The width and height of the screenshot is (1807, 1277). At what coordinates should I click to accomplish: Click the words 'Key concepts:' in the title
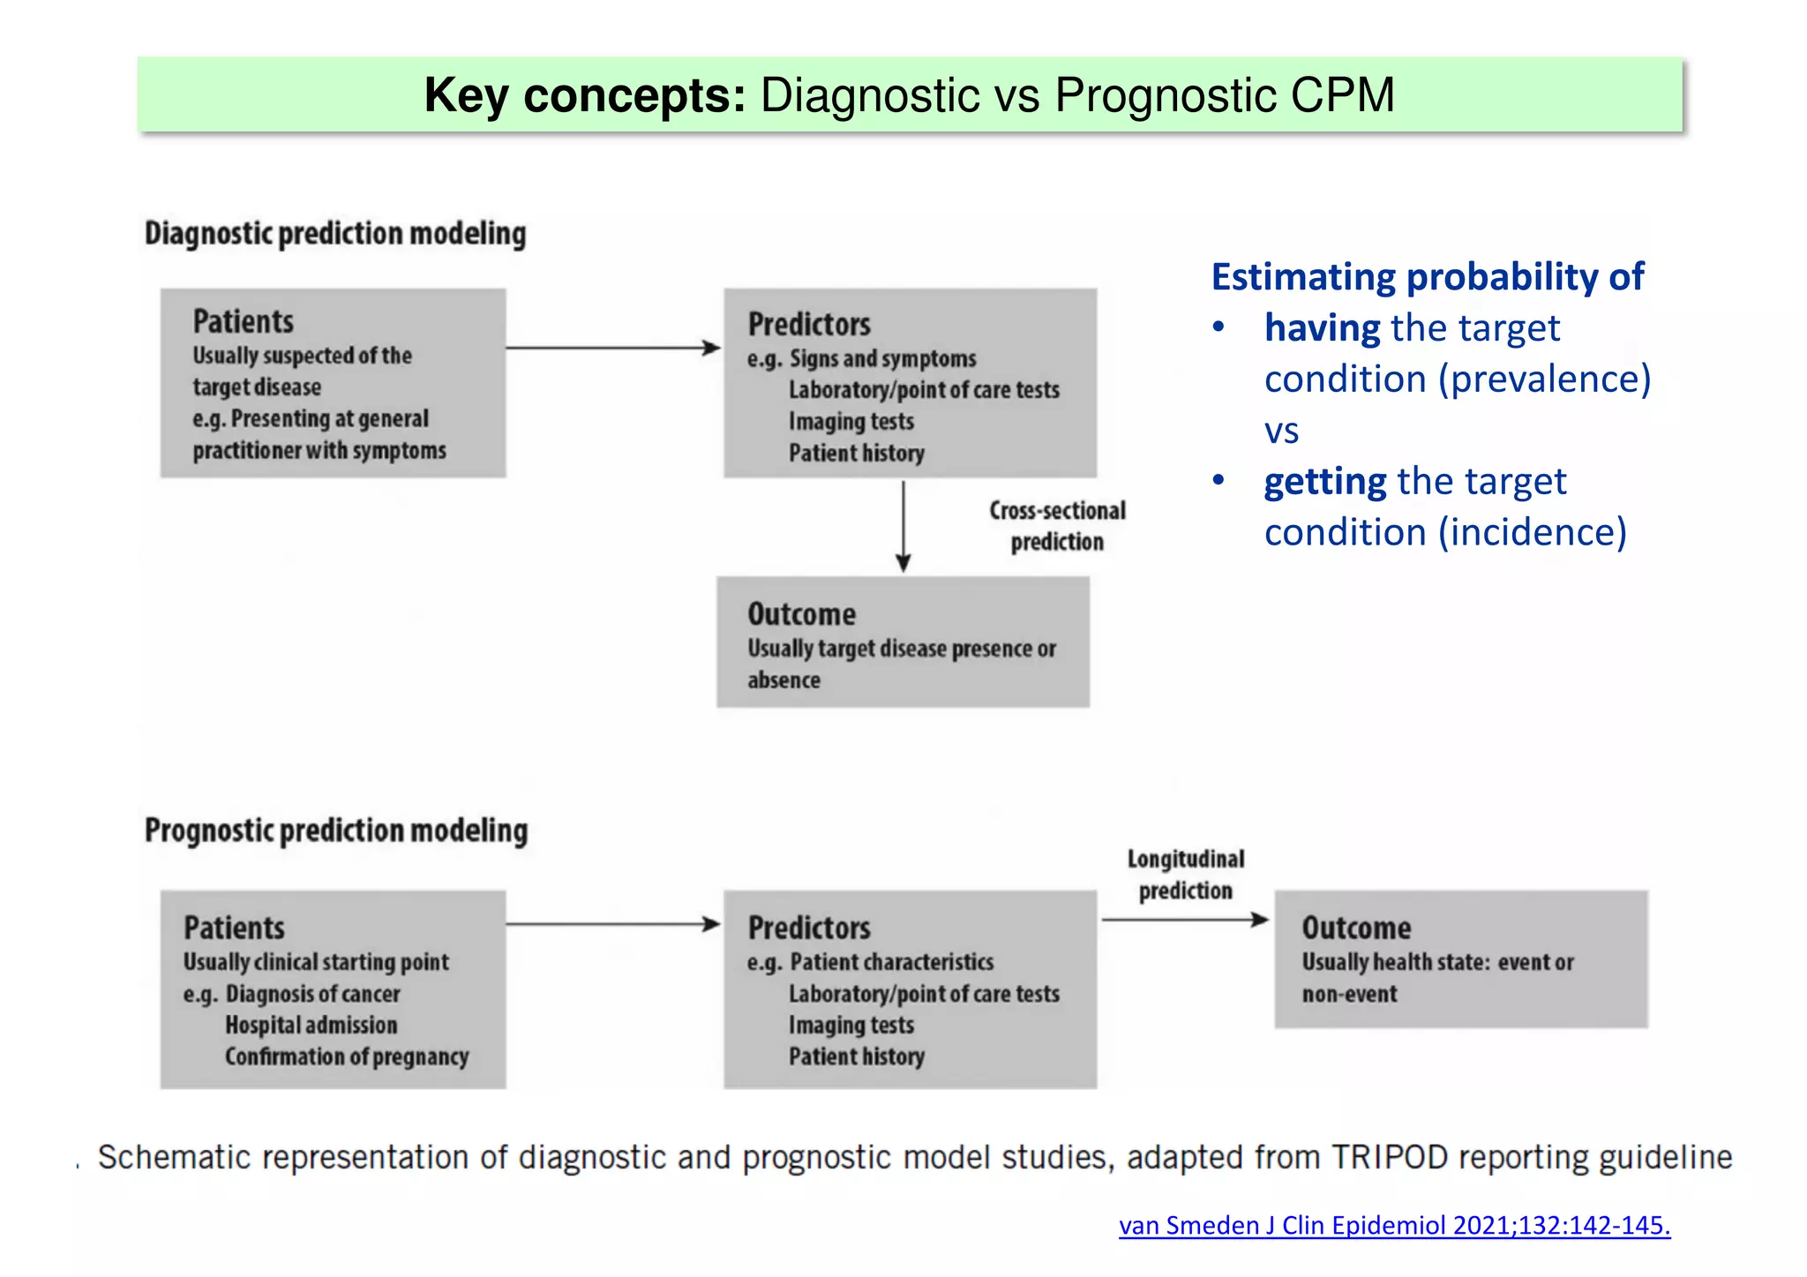pyautogui.click(x=584, y=95)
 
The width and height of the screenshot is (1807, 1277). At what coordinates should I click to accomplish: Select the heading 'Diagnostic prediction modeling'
pyautogui.click(x=335, y=234)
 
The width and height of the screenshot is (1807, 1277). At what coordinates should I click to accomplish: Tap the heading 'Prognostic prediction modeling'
pyautogui.click(x=336, y=830)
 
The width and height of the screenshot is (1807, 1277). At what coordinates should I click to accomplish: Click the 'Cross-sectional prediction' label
pyautogui.click(x=1057, y=526)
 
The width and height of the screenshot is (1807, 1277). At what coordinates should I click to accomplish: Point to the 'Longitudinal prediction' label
pyautogui.click(x=1185, y=875)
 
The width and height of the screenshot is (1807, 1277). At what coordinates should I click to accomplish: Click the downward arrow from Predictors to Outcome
pyautogui.click(x=903, y=527)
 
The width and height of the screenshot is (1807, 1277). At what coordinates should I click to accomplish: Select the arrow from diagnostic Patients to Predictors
pyautogui.click(x=613, y=348)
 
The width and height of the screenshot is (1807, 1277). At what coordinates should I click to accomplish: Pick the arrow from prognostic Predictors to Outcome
pyautogui.click(x=1185, y=920)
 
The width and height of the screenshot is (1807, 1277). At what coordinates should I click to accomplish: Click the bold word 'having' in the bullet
pyautogui.click(x=1322, y=328)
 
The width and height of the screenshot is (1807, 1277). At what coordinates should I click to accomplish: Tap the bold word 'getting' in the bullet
pyautogui.click(x=1325, y=482)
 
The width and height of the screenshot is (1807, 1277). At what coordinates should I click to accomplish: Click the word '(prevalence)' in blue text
pyautogui.click(x=1544, y=379)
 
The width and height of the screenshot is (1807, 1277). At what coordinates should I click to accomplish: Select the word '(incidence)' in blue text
pyautogui.click(x=1533, y=533)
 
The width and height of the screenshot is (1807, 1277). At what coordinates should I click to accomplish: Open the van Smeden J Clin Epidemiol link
pyautogui.click(x=1394, y=1225)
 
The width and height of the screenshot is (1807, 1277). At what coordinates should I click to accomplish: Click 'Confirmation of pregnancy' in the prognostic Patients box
pyautogui.click(x=347, y=1056)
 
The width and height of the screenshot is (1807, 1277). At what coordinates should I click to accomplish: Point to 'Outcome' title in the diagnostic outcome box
pyautogui.click(x=801, y=614)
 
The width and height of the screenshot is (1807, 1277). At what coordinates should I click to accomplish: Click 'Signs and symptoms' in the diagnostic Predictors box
pyautogui.click(x=882, y=358)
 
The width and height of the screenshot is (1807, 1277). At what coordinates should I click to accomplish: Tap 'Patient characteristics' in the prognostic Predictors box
pyautogui.click(x=891, y=962)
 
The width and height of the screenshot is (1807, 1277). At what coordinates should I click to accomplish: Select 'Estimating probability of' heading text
pyautogui.click(x=1427, y=277)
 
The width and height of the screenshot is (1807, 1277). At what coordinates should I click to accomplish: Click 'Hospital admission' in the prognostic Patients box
pyautogui.click(x=311, y=1025)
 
